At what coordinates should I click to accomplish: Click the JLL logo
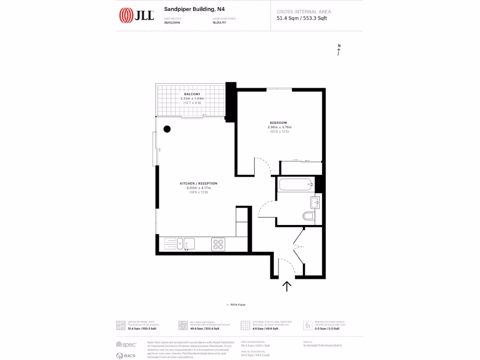(136, 15)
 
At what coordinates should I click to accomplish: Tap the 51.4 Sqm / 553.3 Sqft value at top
(302, 19)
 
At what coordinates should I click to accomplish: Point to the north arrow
(339, 51)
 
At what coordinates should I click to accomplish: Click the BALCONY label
(192, 94)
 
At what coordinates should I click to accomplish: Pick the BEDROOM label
(278, 123)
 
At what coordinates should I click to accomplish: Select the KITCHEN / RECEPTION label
(199, 183)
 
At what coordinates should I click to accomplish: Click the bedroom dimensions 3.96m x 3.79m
(279, 127)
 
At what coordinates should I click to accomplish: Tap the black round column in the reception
(167, 129)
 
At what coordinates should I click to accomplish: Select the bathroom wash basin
(315, 202)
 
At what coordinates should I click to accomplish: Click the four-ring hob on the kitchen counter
(218, 244)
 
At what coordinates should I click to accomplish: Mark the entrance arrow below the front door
(286, 285)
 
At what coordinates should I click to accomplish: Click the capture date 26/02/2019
(172, 22)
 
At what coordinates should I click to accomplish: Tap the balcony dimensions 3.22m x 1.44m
(192, 98)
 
